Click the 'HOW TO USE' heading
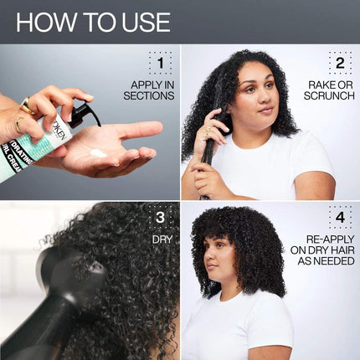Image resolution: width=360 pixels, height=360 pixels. tap(93, 22)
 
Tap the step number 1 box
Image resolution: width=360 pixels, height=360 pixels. tap(160, 63)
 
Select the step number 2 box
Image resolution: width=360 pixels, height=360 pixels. tap(339, 63)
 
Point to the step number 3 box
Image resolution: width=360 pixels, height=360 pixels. tap(160, 219)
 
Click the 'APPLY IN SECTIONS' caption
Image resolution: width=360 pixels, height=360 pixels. tap(152, 90)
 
